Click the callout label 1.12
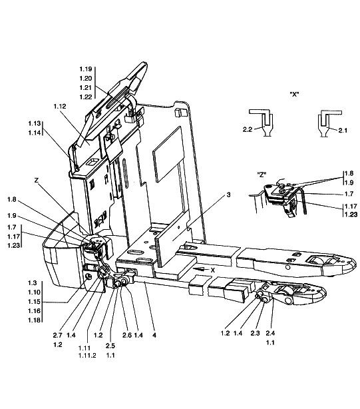(x=60, y=107)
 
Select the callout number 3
(x=228, y=195)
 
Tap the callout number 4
(x=154, y=335)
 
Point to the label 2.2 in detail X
(x=248, y=129)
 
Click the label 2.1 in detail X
(x=343, y=131)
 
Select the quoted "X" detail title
(x=294, y=94)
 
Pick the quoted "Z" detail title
(x=262, y=175)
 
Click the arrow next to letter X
(x=200, y=269)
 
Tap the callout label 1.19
(x=86, y=69)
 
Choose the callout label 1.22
(x=86, y=97)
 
